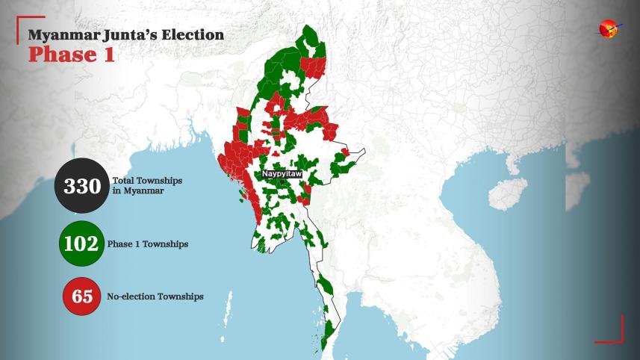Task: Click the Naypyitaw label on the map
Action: pos(282,173)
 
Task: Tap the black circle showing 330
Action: pos(81,186)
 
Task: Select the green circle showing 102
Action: pos(81,244)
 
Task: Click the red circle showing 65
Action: pos(82,297)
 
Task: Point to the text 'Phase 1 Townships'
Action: pos(148,244)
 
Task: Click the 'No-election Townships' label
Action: pos(155,297)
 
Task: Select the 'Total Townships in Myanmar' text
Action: pos(147,186)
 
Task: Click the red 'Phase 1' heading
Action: pos(72,55)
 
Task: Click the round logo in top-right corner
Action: pos(609,29)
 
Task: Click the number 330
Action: pos(81,186)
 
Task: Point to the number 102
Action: pos(81,244)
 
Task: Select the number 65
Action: pos(82,297)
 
